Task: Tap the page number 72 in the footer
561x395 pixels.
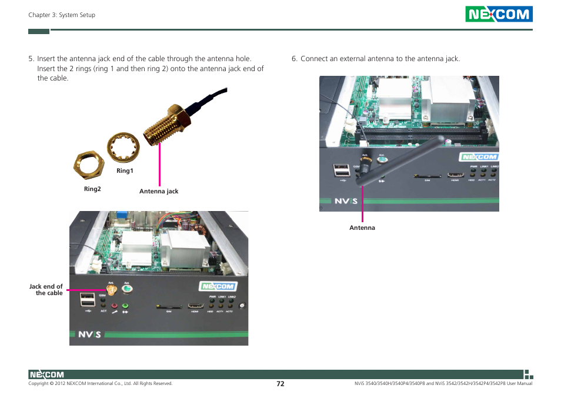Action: [x=280, y=383]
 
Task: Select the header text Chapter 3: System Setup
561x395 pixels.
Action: [x=62, y=15]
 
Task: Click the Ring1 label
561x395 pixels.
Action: [x=125, y=171]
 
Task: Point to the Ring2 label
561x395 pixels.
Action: [x=92, y=189]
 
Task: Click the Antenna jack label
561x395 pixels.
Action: [x=159, y=192]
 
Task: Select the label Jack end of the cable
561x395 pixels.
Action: [x=46, y=290]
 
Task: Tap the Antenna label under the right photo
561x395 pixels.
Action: [x=362, y=228]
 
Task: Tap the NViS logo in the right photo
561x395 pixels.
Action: [x=342, y=201]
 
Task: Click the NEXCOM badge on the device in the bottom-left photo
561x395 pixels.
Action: [x=217, y=286]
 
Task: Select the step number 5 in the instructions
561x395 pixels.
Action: [x=31, y=59]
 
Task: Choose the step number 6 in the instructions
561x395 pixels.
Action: [x=294, y=59]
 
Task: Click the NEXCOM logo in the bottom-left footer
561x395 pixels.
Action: [x=46, y=374]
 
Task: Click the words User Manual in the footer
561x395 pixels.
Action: [x=518, y=384]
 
